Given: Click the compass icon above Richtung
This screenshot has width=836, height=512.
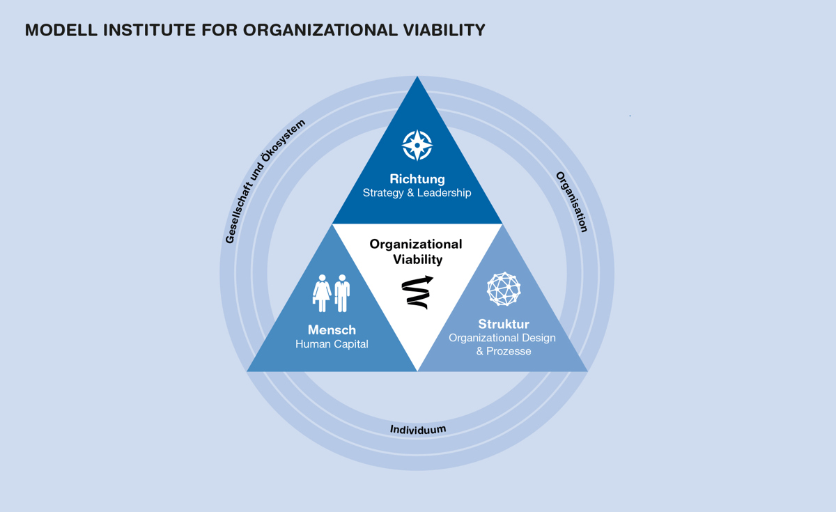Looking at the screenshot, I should point(417,145).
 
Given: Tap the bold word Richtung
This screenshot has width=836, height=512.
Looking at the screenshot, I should point(417,179).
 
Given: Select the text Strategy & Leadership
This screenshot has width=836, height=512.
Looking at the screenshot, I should point(417,193).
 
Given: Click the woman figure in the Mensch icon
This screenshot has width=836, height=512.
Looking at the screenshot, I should point(322,293).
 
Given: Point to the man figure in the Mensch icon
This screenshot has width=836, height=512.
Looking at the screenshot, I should point(341,293).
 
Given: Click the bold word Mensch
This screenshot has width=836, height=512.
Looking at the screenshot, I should point(332,330).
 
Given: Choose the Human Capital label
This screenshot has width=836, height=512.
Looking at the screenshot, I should point(332,344).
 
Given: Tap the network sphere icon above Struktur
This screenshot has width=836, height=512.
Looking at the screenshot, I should point(504,289).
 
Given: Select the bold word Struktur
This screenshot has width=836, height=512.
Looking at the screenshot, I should point(504,324).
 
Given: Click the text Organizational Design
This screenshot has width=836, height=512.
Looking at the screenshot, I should point(502,338).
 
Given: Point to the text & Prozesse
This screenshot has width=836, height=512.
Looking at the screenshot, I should point(504,351).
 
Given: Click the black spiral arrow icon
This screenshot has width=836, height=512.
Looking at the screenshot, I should point(417,292).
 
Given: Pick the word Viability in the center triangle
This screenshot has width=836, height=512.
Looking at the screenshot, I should point(417,260).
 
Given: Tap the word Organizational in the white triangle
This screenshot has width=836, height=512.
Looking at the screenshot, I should point(416,244).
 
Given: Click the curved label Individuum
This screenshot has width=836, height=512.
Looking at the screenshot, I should point(418,429).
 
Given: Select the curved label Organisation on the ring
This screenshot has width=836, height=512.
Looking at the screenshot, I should point(571,201).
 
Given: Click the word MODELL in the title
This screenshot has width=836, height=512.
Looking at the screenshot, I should point(60,30).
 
